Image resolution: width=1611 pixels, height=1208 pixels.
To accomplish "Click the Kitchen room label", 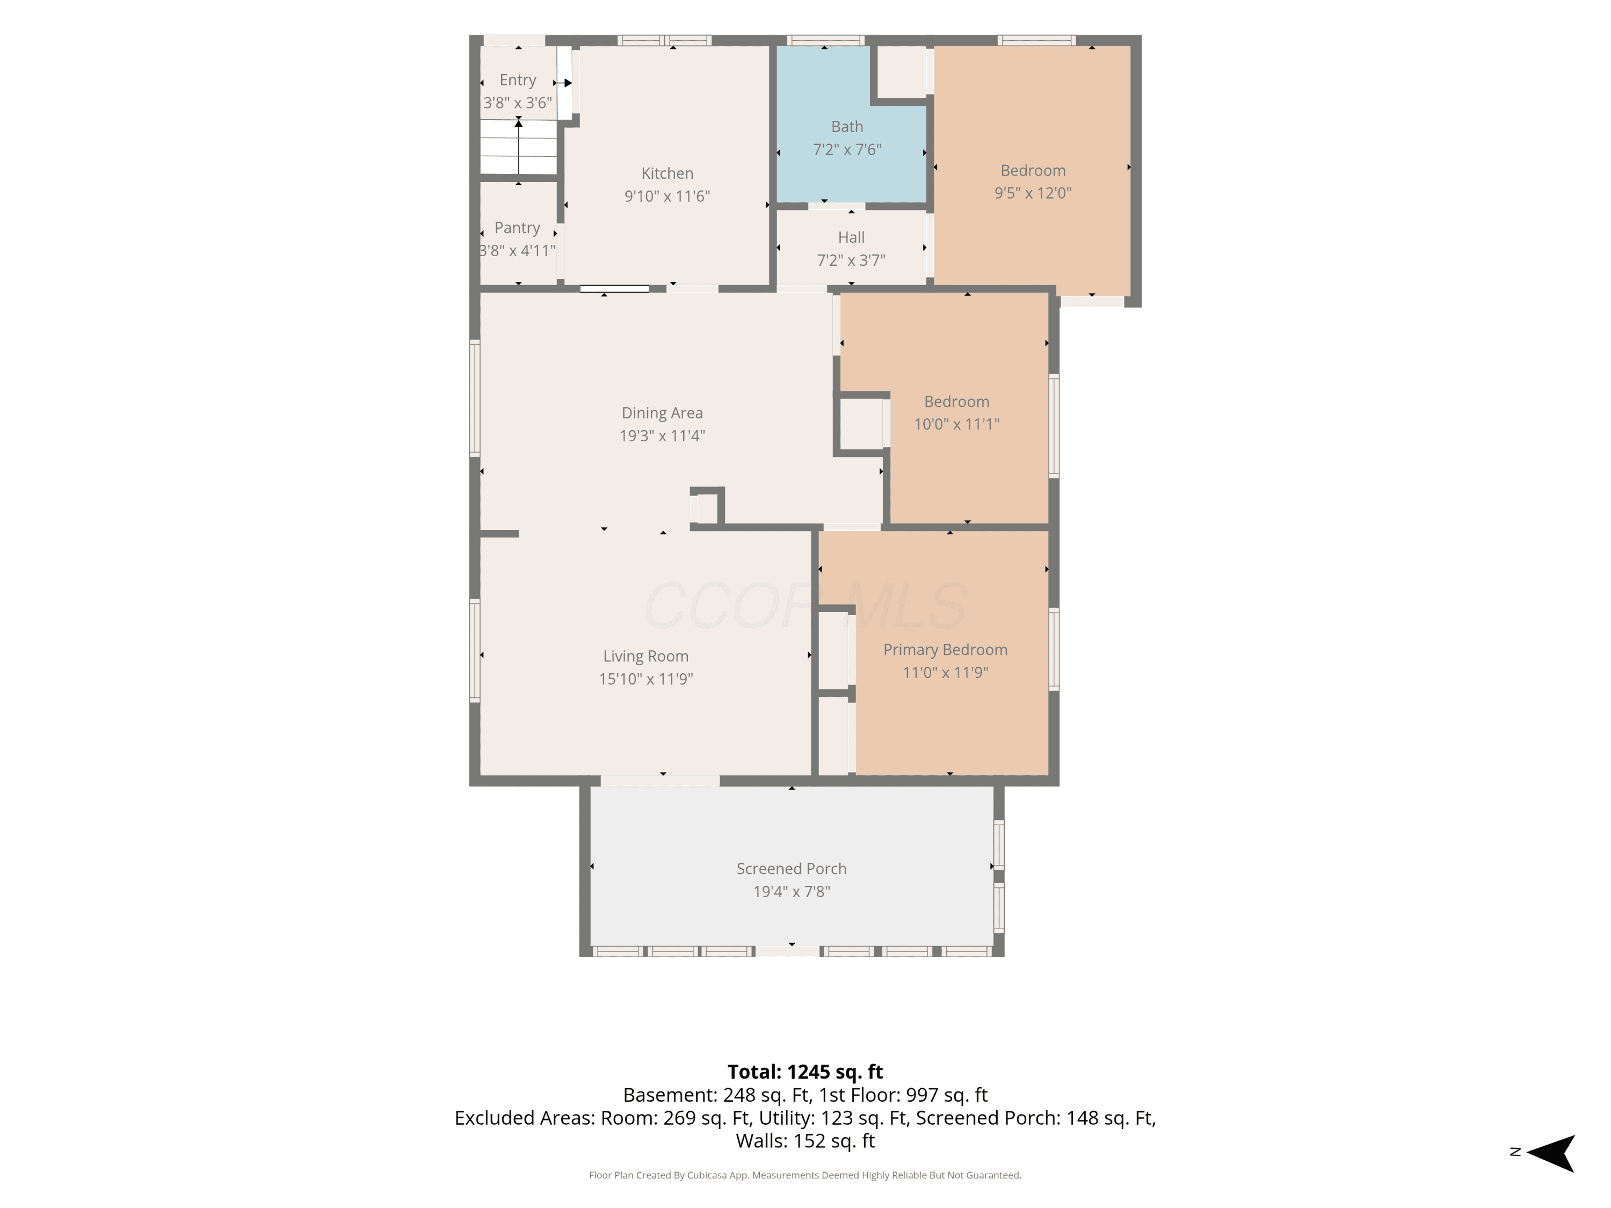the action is pyautogui.click(x=667, y=173).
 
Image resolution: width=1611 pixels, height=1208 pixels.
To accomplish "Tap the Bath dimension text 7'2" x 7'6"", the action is pyautogui.click(x=847, y=149).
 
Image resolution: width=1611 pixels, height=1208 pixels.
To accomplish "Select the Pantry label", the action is pyautogui.click(x=517, y=228).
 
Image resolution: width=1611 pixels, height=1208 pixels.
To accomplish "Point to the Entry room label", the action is pyautogui.click(x=518, y=80).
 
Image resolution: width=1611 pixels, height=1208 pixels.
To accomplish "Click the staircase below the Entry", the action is pyautogui.click(x=519, y=147).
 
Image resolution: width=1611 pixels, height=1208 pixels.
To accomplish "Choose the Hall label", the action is pyautogui.click(x=851, y=237).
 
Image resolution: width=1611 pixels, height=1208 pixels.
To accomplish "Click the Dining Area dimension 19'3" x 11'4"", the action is pyautogui.click(x=662, y=435).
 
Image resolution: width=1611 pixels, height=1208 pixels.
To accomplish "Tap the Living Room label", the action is pyautogui.click(x=646, y=656).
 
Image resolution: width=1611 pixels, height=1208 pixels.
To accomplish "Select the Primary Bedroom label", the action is pyautogui.click(x=945, y=650).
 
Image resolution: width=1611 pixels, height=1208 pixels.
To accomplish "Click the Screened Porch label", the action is pyautogui.click(x=792, y=869).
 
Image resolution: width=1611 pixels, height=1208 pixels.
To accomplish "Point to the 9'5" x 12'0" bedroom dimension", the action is pyautogui.click(x=1033, y=193).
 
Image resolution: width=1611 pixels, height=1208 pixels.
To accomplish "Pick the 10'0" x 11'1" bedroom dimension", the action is pyautogui.click(x=956, y=424).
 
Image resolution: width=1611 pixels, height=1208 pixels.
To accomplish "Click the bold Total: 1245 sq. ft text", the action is pyautogui.click(x=805, y=1072).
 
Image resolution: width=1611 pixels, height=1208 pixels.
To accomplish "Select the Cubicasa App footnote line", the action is pyautogui.click(x=805, y=1175).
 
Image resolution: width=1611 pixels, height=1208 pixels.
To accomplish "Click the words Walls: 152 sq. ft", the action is pyautogui.click(x=805, y=1141).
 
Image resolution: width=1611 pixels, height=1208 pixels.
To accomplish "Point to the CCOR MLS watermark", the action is pyautogui.click(x=805, y=606).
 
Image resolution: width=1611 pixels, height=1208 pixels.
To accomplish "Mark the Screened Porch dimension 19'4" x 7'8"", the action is pyautogui.click(x=792, y=891).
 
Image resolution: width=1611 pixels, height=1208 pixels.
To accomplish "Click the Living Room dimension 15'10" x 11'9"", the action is pyautogui.click(x=646, y=679).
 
